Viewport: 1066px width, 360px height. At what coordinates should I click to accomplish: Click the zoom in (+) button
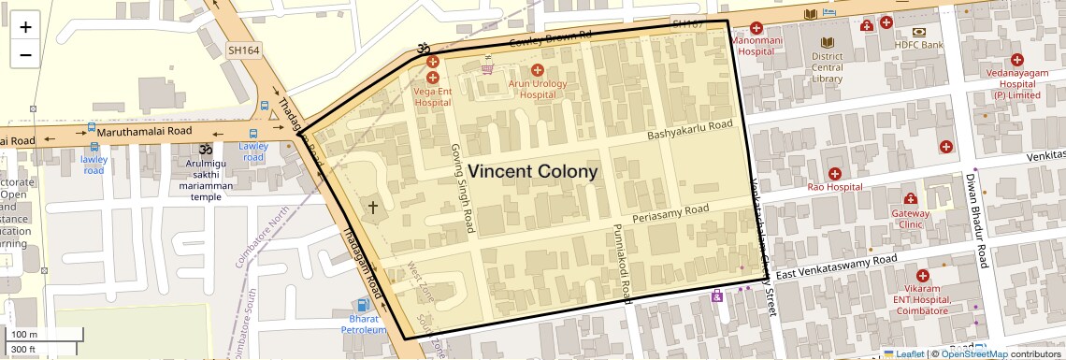pyautogui.click(x=25, y=27)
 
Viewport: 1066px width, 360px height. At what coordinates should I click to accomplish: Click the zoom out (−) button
pyautogui.click(x=25, y=54)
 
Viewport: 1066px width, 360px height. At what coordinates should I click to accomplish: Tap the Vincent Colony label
pyautogui.click(x=532, y=172)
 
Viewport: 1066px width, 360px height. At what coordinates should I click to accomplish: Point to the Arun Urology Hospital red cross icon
pyautogui.click(x=537, y=70)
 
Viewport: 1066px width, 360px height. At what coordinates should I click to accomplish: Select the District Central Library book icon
pyautogui.click(x=828, y=42)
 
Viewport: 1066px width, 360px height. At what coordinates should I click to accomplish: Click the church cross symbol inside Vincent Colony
pyautogui.click(x=373, y=208)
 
